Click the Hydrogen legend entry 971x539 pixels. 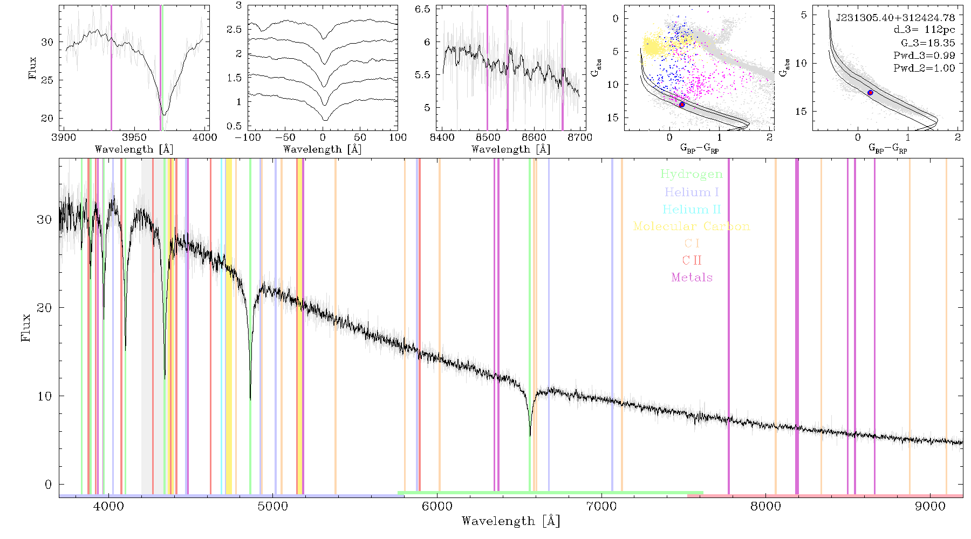692,174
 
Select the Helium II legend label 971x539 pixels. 692,209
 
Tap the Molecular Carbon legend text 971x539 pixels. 692,226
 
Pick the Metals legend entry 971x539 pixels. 692,278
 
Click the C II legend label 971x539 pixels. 692,260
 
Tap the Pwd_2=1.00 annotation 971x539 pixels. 924,68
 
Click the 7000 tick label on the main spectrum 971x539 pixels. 601,506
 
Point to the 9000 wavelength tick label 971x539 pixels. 930,506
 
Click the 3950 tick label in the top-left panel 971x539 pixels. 134,137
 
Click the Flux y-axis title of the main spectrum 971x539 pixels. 25,327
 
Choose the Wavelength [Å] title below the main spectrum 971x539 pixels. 511,521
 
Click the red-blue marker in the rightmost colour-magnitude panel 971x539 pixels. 870,93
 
